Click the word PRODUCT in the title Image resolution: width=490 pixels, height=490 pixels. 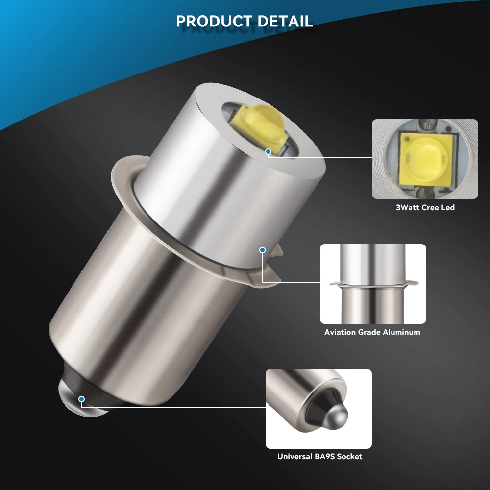(212, 22)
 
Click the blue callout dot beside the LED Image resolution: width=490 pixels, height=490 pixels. (268, 152)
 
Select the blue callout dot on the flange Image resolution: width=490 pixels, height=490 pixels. (262, 250)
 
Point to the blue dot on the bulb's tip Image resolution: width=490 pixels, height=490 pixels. (81, 399)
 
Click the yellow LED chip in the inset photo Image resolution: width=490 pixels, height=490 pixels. (424, 159)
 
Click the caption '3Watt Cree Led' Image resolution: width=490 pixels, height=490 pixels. (425, 207)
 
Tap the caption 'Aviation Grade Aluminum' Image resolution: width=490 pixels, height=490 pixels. (372, 332)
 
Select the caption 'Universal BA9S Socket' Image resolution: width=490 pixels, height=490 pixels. (319, 456)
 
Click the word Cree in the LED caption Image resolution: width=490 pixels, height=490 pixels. (431, 207)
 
